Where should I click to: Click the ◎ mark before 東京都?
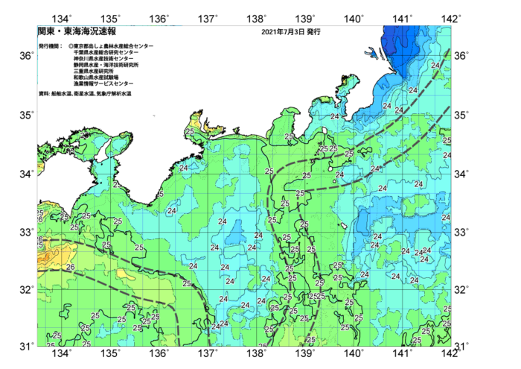[x=70, y=46]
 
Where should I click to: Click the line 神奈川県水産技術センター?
[x=105, y=59]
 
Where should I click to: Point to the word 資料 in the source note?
[x=43, y=94]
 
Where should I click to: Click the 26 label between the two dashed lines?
[x=71, y=267]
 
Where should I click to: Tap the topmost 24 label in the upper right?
[x=435, y=66]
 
